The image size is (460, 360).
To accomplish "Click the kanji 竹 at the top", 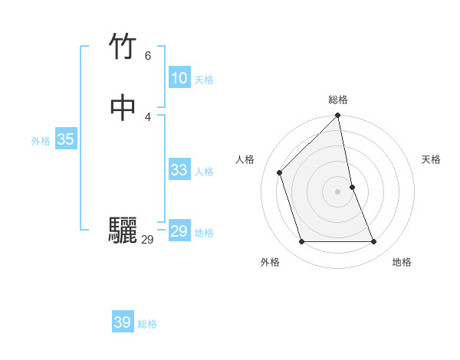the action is (x=123, y=47).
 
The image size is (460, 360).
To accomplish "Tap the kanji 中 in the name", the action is (x=123, y=107).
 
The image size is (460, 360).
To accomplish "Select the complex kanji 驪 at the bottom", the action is (x=123, y=231).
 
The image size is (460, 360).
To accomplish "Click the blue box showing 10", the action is (x=179, y=78).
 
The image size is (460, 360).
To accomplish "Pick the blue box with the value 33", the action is (x=179, y=170).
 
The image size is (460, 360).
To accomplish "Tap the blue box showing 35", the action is (x=65, y=139).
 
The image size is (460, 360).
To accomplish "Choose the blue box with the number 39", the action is (x=123, y=322).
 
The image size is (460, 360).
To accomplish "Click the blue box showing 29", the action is (x=179, y=231).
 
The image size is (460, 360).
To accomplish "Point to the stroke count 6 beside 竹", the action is (x=147, y=55).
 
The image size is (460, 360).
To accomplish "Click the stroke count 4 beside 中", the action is (x=147, y=116).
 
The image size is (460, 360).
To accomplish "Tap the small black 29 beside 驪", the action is (x=147, y=240).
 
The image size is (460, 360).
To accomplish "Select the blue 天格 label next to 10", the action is (x=204, y=80).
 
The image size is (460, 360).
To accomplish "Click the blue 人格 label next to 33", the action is (x=204, y=172).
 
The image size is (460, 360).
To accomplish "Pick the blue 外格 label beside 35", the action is (x=41, y=141).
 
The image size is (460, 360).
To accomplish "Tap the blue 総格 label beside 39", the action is (x=147, y=325).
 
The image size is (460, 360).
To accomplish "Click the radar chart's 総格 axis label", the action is (x=338, y=100).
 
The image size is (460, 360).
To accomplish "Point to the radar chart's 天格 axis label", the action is (x=431, y=159).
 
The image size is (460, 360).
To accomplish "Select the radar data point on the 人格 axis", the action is (x=280, y=172).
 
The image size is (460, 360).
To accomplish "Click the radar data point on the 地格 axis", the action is (x=374, y=242).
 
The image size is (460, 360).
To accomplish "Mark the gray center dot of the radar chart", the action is (x=338, y=191).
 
